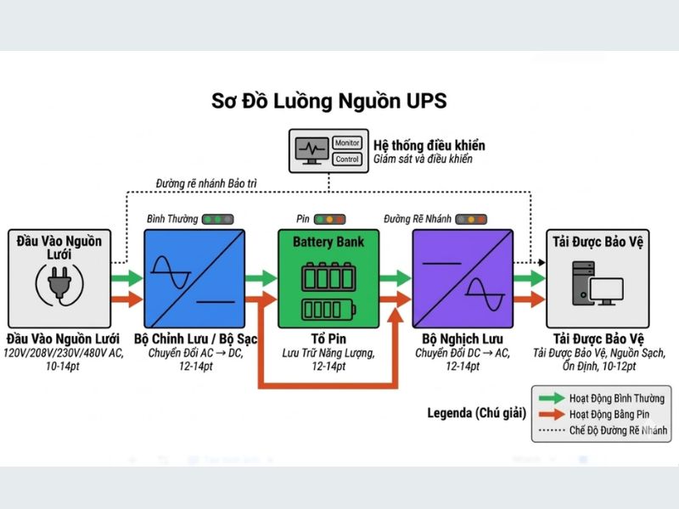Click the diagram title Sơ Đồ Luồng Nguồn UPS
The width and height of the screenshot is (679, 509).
328,101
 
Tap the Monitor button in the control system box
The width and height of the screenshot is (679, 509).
347,143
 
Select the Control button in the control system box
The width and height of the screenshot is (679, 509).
347,159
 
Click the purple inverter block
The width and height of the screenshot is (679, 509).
463,277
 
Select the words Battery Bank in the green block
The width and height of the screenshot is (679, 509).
328,242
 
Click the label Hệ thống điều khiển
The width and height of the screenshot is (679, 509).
424,145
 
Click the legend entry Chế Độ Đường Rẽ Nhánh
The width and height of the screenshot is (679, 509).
618,430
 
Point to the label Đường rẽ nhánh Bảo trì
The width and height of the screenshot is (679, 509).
207,183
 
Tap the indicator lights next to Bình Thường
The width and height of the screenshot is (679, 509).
217,220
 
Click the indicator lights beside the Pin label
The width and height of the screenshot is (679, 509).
329,220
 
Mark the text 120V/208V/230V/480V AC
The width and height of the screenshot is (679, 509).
63,353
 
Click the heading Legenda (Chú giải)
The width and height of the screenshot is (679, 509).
475,413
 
